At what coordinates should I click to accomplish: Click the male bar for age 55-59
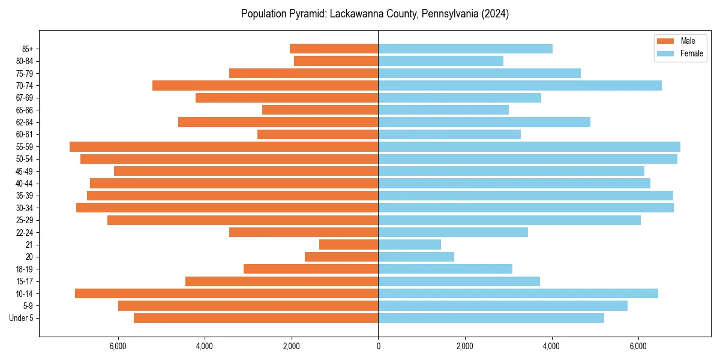224,147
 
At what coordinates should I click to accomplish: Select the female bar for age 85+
465,49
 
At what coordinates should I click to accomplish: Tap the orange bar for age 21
349,245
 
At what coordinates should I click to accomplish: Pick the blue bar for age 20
416,257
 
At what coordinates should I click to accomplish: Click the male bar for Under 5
256,318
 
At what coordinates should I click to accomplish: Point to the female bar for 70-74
520,86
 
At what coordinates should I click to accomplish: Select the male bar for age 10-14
226,293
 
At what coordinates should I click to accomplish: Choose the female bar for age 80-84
440,61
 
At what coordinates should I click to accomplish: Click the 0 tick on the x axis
378,346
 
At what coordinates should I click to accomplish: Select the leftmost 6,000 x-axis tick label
118,346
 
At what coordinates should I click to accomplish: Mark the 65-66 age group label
25,110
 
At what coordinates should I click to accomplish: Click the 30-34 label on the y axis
25,208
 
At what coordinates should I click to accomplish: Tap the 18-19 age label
25,269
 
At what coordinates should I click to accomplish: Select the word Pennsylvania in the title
449,14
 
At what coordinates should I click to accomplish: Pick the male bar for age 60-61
317,134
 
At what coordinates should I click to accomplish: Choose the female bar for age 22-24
453,232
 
